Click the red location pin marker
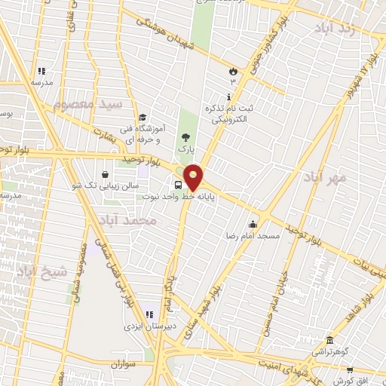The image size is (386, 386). (x=194, y=176)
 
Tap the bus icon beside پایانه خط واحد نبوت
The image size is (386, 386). (x=179, y=185)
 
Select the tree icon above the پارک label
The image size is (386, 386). (x=185, y=136)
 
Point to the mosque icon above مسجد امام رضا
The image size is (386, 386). (x=253, y=223)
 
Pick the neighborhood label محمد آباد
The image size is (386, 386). (x=126, y=221)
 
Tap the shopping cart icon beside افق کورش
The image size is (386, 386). (x=350, y=370)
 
